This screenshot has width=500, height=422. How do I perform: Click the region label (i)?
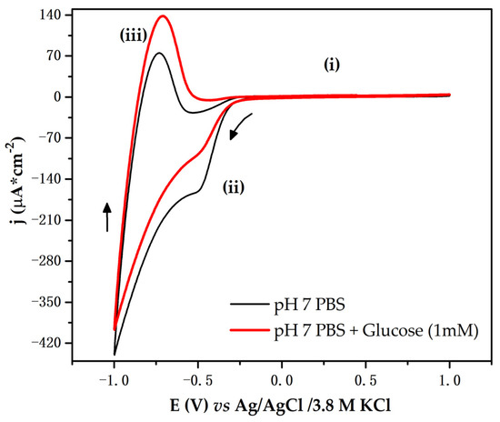tap(337, 65)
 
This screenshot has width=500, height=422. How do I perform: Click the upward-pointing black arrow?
tap(107, 216)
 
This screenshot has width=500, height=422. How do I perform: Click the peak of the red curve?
tap(163, 15)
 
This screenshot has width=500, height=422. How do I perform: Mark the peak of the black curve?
tap(159, 53)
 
